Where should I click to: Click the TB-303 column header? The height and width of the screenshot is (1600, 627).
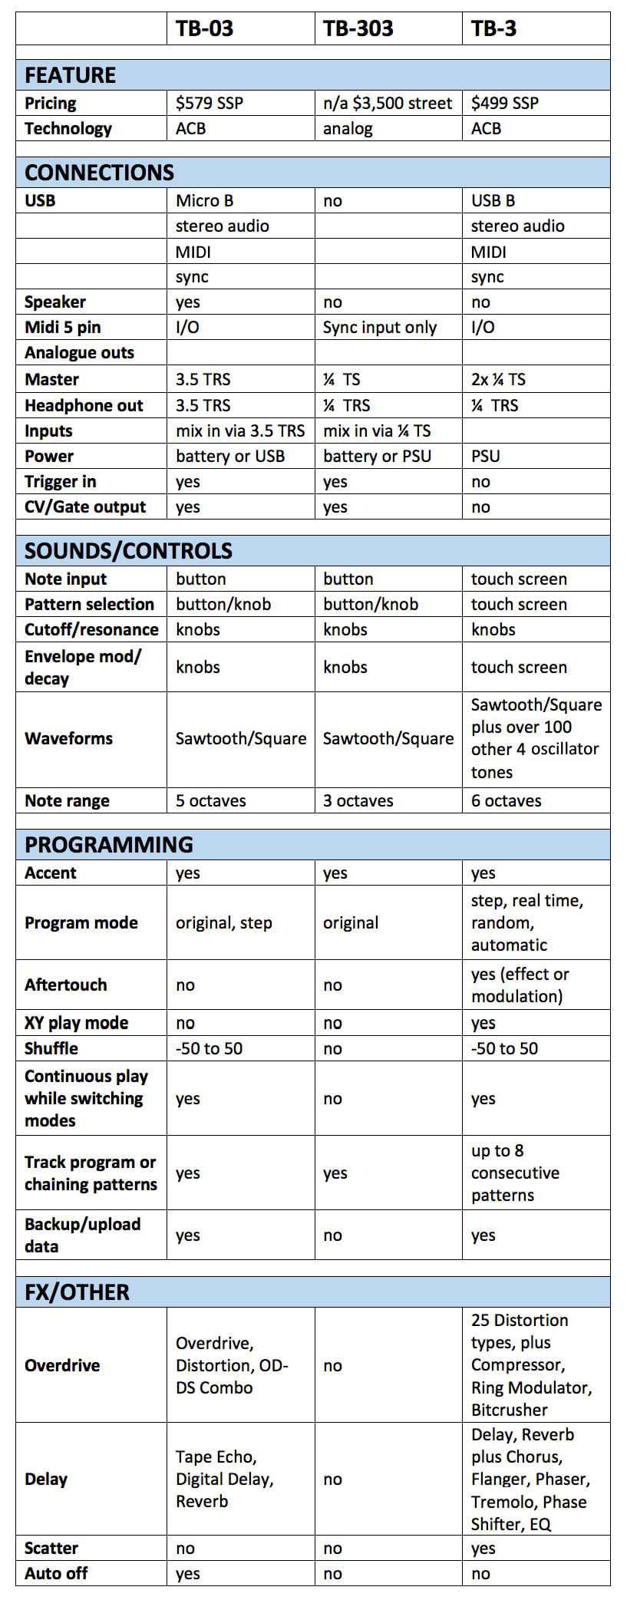[358, 29]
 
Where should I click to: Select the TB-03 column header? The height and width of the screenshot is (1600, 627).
[204, 29]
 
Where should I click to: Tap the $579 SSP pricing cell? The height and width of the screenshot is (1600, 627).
[209, 103]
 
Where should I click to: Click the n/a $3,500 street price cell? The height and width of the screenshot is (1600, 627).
[388, 103]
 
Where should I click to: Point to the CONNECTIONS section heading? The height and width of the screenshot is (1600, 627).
[99, 172]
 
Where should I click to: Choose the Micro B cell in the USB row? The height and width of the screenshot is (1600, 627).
[204, 200]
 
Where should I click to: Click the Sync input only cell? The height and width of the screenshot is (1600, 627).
[379, 328]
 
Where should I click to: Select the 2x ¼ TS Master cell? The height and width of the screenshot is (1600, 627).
[498, 379]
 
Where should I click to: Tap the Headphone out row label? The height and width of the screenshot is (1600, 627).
[84, 405]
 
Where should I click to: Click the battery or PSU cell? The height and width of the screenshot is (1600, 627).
[377, 456]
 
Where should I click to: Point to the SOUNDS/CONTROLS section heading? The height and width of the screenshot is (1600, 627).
[128, 550]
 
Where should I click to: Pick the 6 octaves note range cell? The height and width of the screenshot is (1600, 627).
[506, 800]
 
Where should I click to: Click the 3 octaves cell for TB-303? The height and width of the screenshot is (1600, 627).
[358, 800]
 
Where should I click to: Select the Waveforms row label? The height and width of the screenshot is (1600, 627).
[68, 738]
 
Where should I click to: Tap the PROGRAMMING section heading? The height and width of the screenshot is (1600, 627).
[108, 844]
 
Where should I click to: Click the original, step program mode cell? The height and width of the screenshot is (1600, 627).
[223, 922]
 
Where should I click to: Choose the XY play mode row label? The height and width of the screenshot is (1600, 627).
[76, 1023]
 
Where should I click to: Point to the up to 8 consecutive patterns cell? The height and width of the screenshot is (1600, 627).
[515, 1173]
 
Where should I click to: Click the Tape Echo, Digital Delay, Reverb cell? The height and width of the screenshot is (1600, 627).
[224, 1479]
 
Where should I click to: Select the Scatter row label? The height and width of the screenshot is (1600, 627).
[51, 1548]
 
